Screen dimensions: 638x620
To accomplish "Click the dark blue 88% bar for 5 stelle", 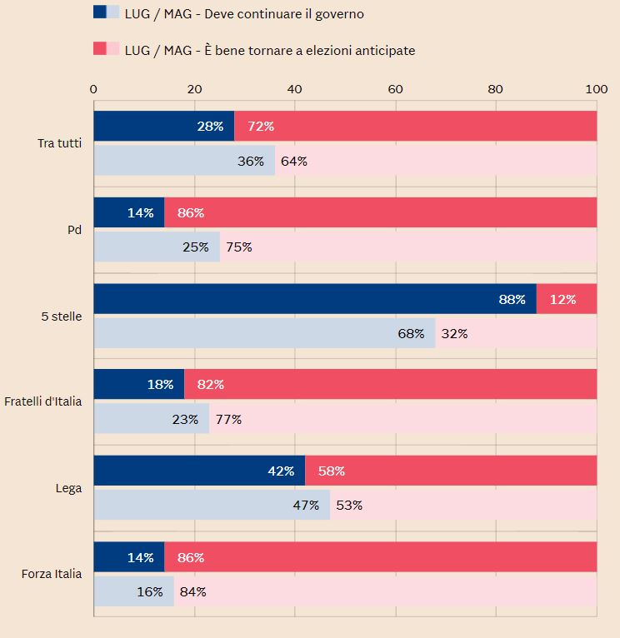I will click(x=314, y=299).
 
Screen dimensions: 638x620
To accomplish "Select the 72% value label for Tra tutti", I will click(x=261, y=127).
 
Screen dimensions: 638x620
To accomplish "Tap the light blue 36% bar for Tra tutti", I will click(x=183, y=161).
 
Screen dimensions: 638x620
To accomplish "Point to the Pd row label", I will click(x=74, y=230).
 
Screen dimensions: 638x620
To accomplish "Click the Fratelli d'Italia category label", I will click(x=43, y=402).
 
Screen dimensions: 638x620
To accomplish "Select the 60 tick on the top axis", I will click(x=396, y=89).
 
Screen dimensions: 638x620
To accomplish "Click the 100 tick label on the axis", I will click(x=596, y=89).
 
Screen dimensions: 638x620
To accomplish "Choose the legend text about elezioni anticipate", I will click(x=269, y=50).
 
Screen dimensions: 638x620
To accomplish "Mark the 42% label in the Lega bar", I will click(x=281, y=471).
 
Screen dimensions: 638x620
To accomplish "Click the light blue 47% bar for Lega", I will click(x=211, y=505).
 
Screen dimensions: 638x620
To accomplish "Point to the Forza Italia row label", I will click(x=52, y=574).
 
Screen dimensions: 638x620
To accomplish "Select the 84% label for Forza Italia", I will click(x=192, y=591).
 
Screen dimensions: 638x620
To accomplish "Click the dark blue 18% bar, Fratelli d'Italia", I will click(x=138, y=385).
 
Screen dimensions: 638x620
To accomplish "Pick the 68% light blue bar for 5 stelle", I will click(x=264, y=333).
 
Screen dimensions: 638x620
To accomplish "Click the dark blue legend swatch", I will click(x=100, y=12).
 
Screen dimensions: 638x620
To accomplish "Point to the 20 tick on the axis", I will click(x=194, y=89).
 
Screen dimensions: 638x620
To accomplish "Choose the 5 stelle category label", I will click(x=62, y=317).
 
